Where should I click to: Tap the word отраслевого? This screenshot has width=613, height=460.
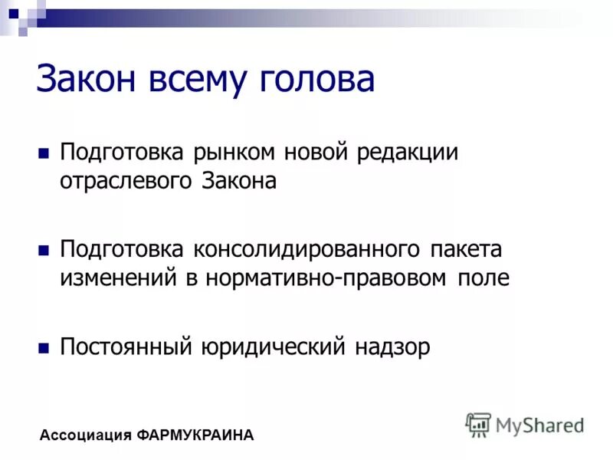point(128,181)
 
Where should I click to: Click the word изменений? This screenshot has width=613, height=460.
point(119,278)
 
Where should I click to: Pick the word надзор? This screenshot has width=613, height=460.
point(392,347)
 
